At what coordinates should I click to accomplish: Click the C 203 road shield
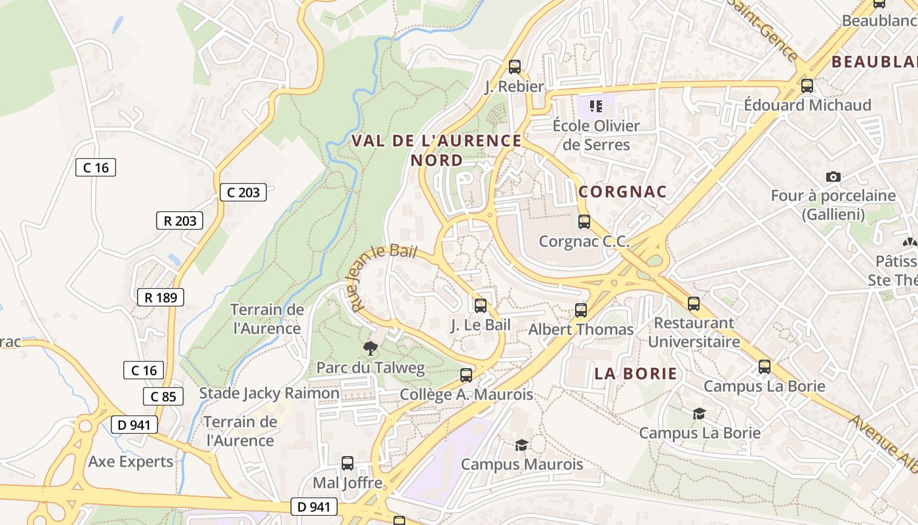coord(243,192)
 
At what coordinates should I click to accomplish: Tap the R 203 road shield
coord(180,220)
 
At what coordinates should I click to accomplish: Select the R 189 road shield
coord(161,297)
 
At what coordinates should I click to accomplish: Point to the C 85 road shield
coord(163,396)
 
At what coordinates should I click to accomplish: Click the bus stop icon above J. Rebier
coord(515,66)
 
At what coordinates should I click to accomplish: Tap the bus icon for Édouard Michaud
coord(807,85)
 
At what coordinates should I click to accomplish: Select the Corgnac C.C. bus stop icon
coord(584,222)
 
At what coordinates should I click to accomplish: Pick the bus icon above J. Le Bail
coord(481,305)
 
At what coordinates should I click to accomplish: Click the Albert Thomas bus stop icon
coord(581,310)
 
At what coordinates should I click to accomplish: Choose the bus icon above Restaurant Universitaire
coord(694,303)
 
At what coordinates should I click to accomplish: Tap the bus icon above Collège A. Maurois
coord(466,375)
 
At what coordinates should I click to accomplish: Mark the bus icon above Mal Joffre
coord(348,463)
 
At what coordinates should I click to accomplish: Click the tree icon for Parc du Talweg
coord(370,348)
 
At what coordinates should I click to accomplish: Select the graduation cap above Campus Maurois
coord(521,445)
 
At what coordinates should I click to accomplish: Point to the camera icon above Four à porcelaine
coord(833,177)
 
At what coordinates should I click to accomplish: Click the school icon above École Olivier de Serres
coord(595,106)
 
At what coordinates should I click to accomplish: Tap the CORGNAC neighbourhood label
coord(622,192)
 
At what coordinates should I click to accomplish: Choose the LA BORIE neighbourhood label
coord(635,373)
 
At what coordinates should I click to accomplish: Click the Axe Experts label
coord(131,461)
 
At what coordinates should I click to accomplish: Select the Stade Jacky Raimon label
coord(269,394)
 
